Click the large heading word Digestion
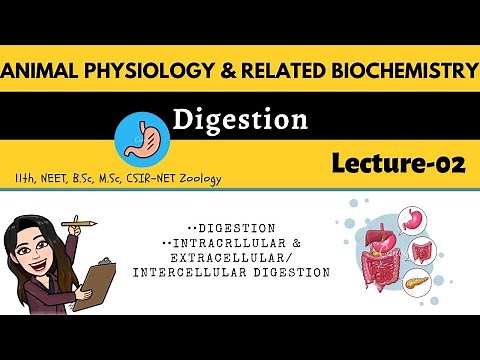click(239, 121)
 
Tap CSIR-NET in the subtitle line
click(146, 179)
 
